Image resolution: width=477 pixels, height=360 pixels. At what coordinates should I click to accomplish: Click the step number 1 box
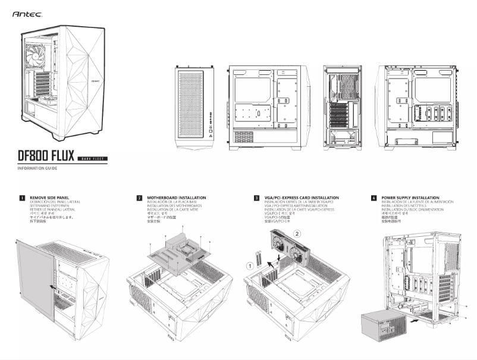22,198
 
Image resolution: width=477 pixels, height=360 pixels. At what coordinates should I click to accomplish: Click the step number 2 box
139,198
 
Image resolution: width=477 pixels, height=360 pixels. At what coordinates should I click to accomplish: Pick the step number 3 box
256,198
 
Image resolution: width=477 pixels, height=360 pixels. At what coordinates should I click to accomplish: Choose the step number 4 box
374,198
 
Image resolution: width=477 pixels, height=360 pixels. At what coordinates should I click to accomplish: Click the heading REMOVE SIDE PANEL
54,197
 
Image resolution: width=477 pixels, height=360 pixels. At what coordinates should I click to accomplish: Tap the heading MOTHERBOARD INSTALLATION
177,197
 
